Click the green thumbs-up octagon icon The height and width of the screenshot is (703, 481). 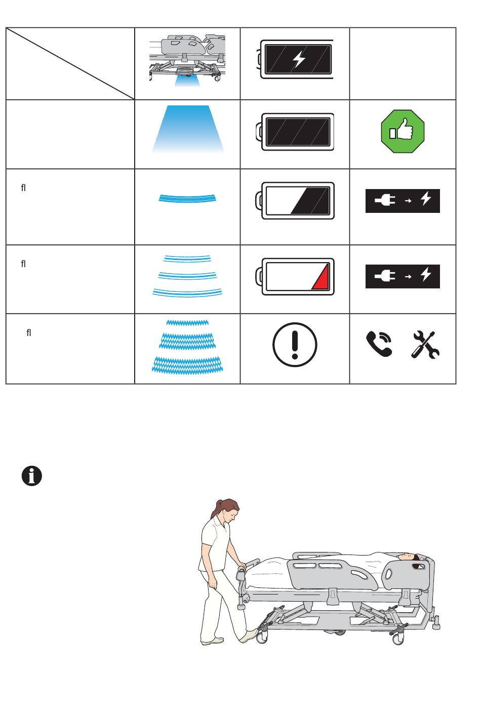(402, 133)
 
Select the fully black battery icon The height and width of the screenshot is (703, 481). (296, 132)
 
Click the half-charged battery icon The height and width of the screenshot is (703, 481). (296, 200)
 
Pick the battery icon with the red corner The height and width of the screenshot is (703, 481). (296, 276)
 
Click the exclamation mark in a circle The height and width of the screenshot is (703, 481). (295, 345)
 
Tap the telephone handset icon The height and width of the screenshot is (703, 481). (379, 344)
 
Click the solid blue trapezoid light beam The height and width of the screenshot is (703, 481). (188, 129)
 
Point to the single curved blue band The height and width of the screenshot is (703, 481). (187, 198)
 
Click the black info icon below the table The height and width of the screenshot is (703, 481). (32, 476)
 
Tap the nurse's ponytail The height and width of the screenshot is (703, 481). (219, 507)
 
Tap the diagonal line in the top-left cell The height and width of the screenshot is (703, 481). (70, 63)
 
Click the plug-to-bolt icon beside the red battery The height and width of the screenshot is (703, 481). (403, 276)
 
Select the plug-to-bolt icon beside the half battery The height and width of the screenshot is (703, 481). (403, 201)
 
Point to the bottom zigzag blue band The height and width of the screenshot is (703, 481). (187, 364)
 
